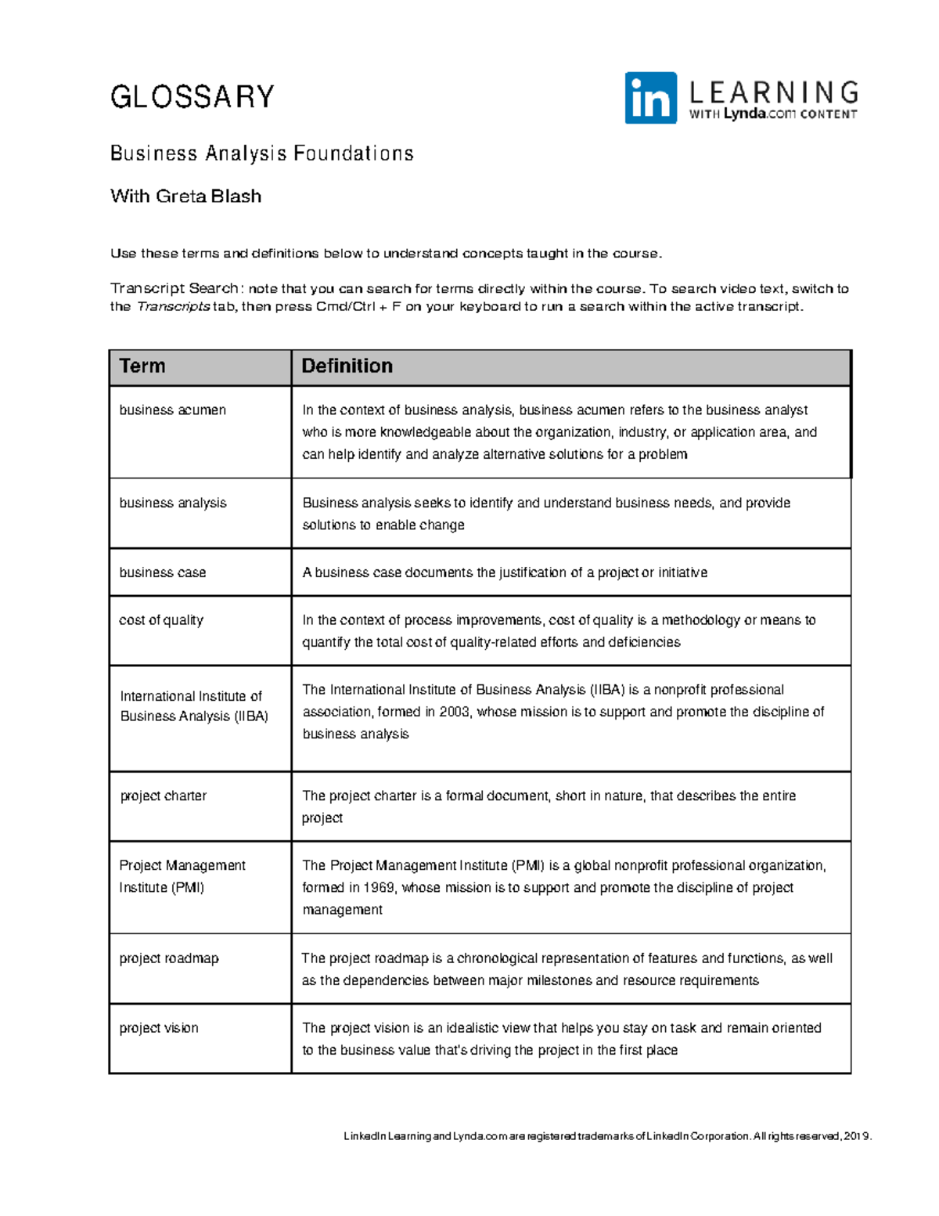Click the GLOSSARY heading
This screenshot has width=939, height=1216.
coord(192,97)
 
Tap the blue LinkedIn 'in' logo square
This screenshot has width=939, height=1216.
coord(650,98)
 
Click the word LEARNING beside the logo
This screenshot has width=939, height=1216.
coord(773,92)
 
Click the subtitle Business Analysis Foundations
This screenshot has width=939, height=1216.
coord(261,153)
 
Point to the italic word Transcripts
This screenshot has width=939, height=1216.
coord(173,306)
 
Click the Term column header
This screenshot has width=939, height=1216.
coord(142,366)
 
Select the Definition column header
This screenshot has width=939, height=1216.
coord(347,366)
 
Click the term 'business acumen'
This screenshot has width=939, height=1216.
coord(172,410)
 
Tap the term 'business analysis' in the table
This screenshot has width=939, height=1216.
coord(172,503)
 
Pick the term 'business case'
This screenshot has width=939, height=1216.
coord(162,572)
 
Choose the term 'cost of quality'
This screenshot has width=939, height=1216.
coord(160,620)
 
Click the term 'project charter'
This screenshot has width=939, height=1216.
coord(163,796)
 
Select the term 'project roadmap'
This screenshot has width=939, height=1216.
coord(168,958)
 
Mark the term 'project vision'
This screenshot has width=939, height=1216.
coord(158,1028)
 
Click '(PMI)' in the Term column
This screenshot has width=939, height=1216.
coord(187,888)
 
